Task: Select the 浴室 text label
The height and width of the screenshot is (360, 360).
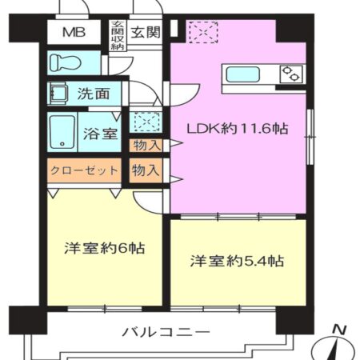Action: (99, 134)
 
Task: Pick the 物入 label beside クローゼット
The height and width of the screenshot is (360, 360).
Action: (145, 170)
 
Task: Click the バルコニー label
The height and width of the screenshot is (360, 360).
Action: (166, 330)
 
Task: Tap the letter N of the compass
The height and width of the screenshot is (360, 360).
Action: (338, 328)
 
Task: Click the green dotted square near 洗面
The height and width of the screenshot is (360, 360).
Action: (145, 122)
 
